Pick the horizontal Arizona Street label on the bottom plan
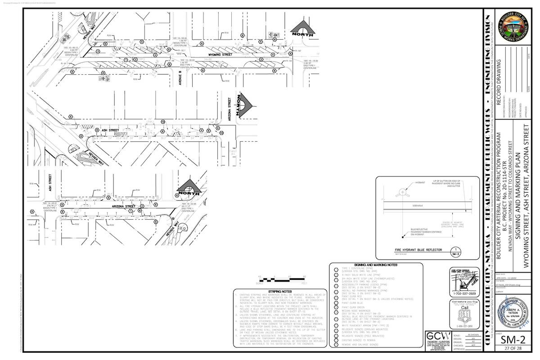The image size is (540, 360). pos(125,206)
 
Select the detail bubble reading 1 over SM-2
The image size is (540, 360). pos(456,252)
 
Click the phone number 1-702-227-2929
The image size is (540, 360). pos(459,293)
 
